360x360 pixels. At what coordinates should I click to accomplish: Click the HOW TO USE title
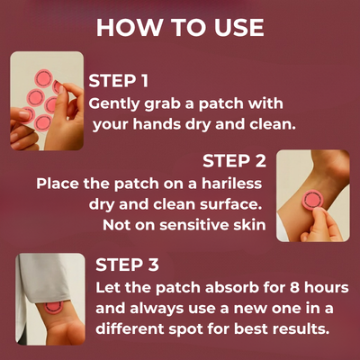[180, 28]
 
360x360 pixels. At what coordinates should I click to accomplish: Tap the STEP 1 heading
[119, 81]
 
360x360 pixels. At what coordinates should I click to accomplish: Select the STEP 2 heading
[234, 161]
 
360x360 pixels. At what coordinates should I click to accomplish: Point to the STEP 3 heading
[127, 265]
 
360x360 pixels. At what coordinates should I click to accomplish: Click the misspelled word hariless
[231, 184]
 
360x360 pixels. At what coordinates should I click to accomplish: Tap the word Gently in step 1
[114, 104]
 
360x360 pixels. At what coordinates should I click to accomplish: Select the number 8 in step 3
[294, 288]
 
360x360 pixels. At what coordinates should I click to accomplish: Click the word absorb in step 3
[232, 288]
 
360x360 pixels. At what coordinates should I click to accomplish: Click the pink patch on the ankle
[313, 199]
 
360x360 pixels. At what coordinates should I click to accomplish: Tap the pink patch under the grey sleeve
[53, 307]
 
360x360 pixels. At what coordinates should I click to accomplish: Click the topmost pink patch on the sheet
[44, 78]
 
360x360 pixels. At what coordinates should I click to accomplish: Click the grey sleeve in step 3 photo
[45, 282]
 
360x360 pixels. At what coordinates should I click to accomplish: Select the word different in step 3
[130, 328]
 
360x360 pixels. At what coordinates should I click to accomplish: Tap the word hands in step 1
[157, 124]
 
